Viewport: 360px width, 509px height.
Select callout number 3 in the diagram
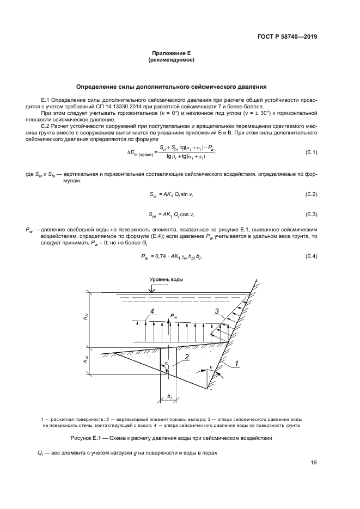(216, 311)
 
